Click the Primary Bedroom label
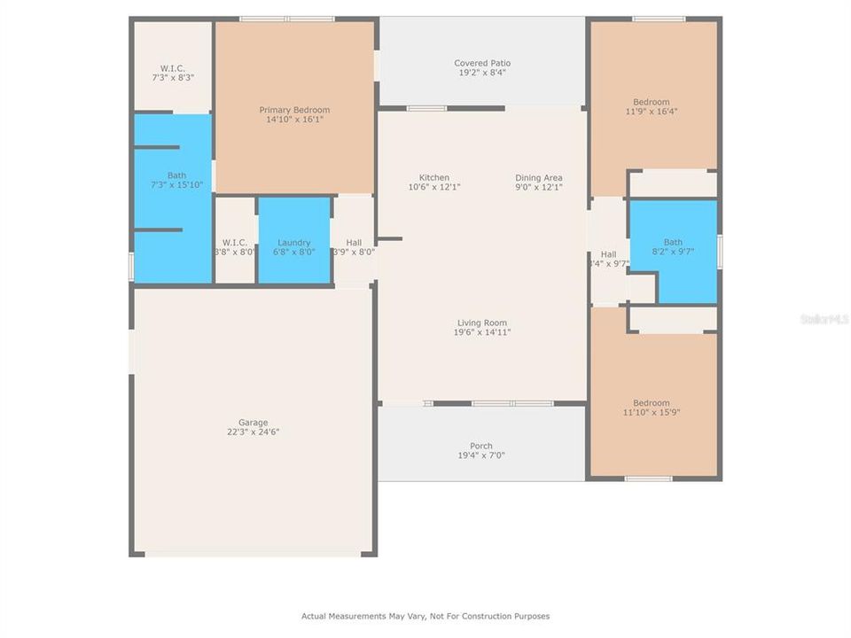coord(294,110)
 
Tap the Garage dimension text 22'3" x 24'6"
coord(253,432)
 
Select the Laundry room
coord(294,242)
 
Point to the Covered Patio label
coord(482,63)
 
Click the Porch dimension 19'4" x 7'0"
coord(481,455)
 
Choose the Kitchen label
coord(434,177)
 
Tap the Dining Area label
coord(539,177)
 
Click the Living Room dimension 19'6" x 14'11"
coord(483,332)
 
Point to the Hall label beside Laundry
coord(354,242)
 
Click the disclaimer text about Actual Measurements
coord(425,616)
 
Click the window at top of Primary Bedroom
coord(286,19)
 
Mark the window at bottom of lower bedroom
coord(648,479)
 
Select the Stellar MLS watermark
coord(824,318)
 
